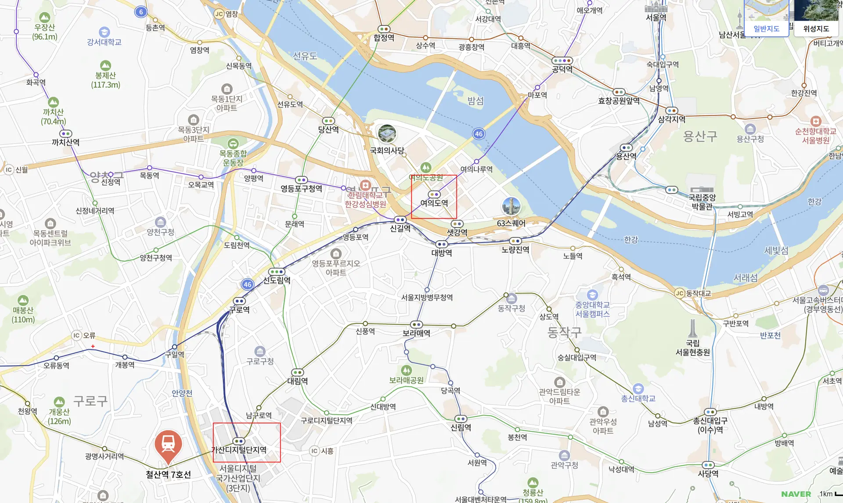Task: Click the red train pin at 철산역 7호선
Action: click(x=168, y=445)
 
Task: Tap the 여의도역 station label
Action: click(x=434, y=203)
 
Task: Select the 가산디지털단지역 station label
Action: click(x=239, y=450)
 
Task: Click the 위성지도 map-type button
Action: click(x=816, y=29)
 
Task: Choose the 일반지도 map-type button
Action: click(x=766, y=29)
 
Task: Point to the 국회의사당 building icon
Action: click(x=387, y=134)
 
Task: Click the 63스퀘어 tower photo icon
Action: click(x=511, y=206)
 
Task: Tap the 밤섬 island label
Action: click(x=475, y=101)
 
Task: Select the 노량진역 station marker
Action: click(x=515, y=241)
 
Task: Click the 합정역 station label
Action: click(x=384, y=38)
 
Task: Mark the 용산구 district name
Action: click(x=700, y=136)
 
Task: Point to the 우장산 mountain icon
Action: click(x=44, y=18)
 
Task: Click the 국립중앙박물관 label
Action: click(x=702, y=202)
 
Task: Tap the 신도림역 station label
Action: click(x=277, y=280)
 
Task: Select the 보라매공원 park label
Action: click(x=406, y=380)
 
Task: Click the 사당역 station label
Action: click(x=708, y=474)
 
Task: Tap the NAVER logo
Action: click(x=796, y=494)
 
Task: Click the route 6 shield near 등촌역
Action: click(x=141, y=12)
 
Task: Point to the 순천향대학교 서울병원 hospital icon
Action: click(x=815, y=121)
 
